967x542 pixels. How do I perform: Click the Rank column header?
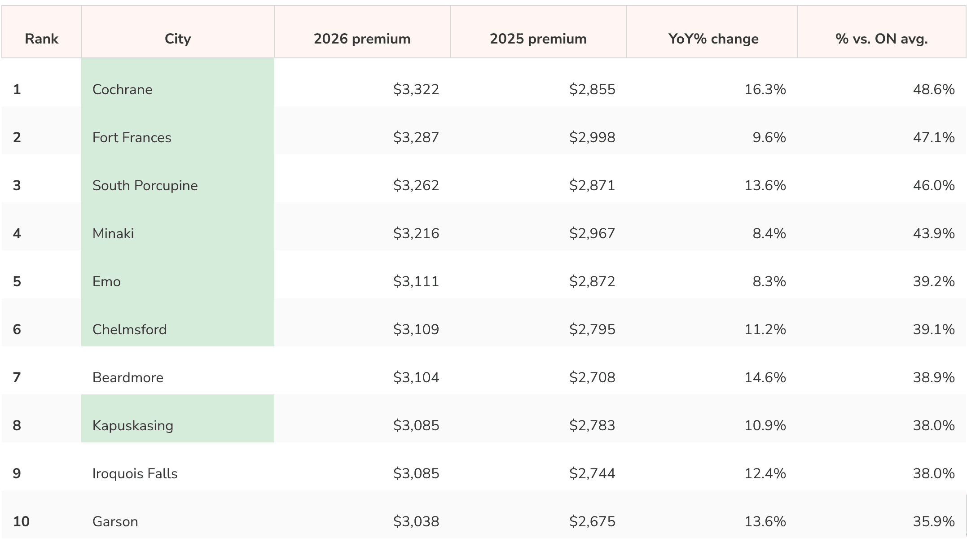click(x=42, y=39)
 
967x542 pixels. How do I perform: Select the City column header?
click(x=178, y=39)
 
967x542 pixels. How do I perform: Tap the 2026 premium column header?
click(x=362, y=39)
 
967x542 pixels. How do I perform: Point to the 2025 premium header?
click(x=538, y=39)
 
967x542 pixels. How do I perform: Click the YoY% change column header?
click(x=713, y=39)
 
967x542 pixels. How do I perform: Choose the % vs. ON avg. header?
click(x=881, y=39)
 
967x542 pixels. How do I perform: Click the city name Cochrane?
click(x=123, y=89)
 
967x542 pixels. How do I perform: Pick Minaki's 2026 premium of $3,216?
click(x=416, y=233)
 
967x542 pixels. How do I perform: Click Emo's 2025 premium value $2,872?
click(x=592, y=281)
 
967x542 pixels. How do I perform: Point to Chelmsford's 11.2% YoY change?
click(x=765, y=329)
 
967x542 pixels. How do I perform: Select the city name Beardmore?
click(x=128, y=377)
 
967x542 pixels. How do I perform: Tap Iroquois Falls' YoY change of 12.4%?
click(x=765, y=473)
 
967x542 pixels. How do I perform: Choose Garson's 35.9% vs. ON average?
click(x=934, y=521)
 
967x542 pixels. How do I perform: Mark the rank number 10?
click(x=21, y=521)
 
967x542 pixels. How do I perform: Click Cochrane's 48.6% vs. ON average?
click(x=934, y=89)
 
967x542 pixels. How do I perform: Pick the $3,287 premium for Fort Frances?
click(x=416, y=137)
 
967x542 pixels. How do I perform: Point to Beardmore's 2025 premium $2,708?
click(x=592, y=377)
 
